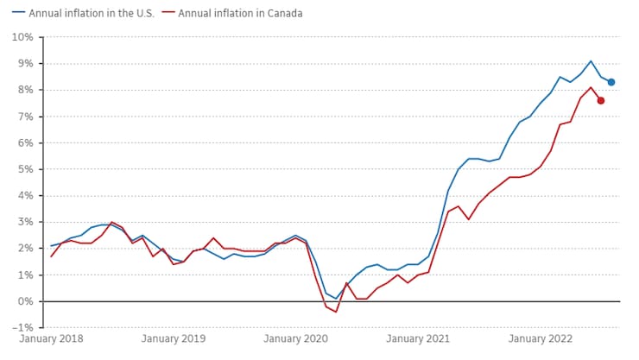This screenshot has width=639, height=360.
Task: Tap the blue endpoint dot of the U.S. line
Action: [611, 82]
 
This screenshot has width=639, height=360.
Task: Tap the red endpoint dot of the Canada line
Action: [601, 100]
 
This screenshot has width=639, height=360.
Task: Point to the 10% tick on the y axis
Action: [22, 37]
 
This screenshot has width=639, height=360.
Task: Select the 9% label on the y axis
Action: [25, 64]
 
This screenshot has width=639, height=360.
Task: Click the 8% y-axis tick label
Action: [25, 90]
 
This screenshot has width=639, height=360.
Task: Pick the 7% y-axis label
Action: [25, 117]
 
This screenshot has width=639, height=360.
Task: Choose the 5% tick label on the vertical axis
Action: [25, 169]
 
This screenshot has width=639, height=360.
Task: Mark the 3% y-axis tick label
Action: [25, 222]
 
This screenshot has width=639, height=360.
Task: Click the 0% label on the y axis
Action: [25, 301]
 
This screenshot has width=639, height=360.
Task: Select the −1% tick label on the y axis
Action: [22, 327]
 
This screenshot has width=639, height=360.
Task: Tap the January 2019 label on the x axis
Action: [174, 339]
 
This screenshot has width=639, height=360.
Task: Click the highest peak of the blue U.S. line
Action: [591, 61]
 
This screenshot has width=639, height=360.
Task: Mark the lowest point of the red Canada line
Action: [336, 312]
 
